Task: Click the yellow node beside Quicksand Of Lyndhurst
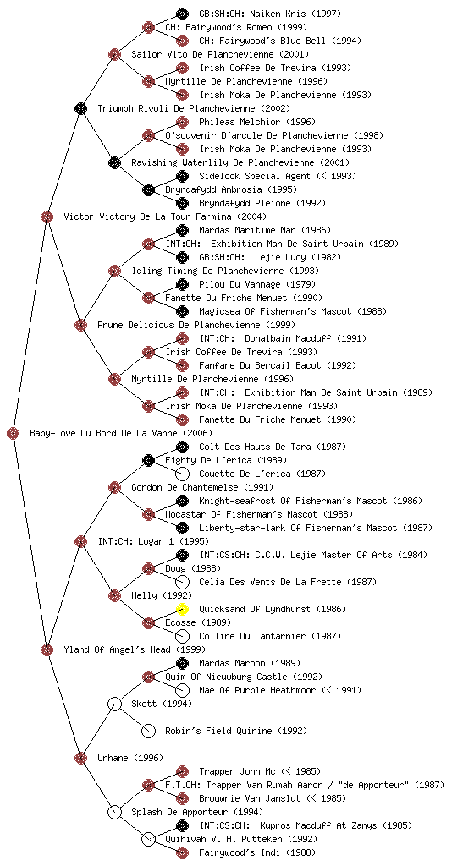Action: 182,609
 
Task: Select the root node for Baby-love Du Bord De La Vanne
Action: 14,434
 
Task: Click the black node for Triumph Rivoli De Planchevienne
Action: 80,108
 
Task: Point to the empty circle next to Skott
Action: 114,704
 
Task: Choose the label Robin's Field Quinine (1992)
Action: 236,731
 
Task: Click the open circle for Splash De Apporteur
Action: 114,813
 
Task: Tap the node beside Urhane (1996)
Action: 80,758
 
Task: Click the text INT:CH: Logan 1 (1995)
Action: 153,541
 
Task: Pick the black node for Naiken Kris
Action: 182,14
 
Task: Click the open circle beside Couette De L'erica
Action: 182,474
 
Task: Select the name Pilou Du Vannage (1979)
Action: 257,284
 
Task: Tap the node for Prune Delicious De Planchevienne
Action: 80,325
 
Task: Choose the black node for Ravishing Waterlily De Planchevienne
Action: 114,162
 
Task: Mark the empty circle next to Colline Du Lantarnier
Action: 182,636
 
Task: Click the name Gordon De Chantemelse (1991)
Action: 202,487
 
